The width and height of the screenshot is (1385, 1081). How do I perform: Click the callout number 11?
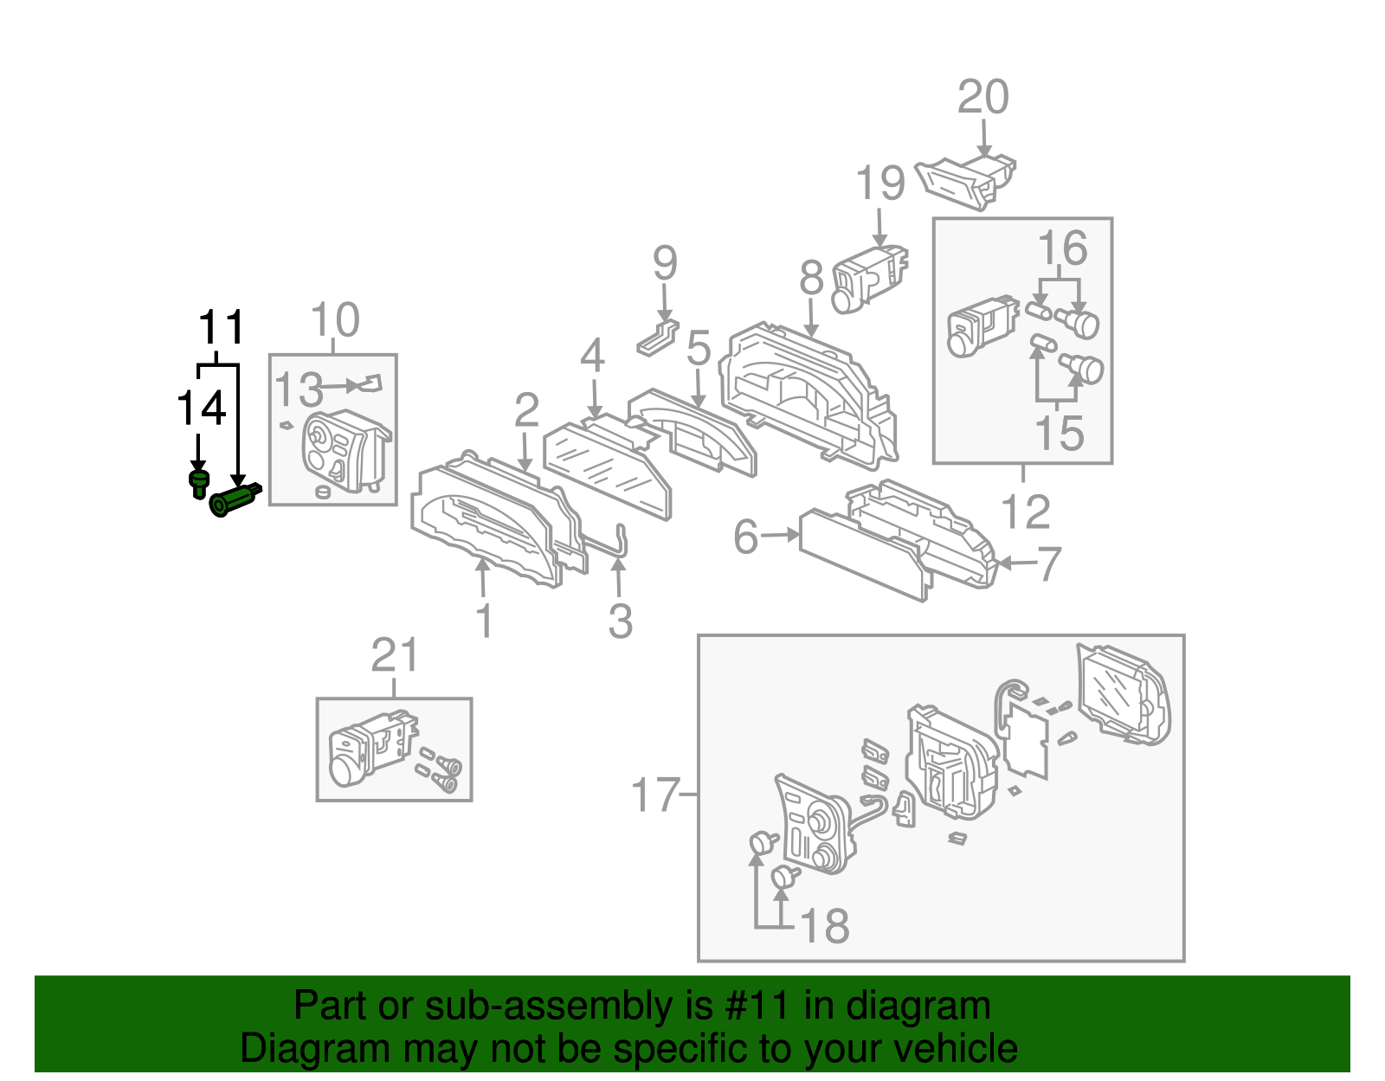tap(222, 328)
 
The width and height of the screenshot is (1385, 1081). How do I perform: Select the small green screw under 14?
tap(199, 483)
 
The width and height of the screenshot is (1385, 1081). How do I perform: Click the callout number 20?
tap(982, 97)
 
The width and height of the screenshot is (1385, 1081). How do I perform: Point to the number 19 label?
tap(879, 183)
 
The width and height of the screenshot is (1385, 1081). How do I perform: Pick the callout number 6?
tap(745, 537)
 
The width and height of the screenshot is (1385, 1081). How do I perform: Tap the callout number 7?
tap(1048, 564)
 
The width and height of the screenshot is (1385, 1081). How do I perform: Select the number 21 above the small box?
tap(395, 655)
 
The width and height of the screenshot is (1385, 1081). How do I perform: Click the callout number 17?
tap(654, 795)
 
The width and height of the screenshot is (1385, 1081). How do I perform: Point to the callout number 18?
tap(823, 926)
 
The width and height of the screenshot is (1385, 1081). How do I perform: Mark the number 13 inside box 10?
tap(299, 389)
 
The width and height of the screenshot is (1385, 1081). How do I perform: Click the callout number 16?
tap(1062, 249)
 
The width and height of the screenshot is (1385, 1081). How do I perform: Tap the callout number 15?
tap(1059, 433)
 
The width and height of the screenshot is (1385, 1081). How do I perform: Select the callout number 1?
tap(485, 621)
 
